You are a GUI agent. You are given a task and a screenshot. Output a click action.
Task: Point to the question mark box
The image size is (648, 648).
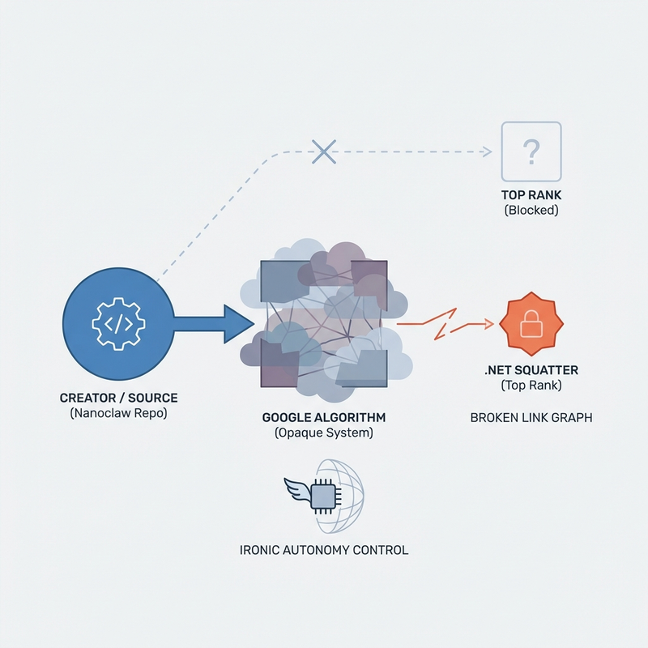click(x=531, y=151)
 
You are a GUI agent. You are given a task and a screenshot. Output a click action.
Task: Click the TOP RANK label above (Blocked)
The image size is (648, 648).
click(x=531, y=195)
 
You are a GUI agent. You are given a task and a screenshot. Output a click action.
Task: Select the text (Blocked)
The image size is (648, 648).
click(x=531, y=210)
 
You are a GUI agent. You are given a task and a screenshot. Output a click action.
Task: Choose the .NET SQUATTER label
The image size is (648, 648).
click(x=531, y=370)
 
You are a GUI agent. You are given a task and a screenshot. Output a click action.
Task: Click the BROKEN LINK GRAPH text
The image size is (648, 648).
click(x=531, y=418)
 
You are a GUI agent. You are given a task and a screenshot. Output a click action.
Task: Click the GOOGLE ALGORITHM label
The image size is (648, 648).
click(x=323, y=418)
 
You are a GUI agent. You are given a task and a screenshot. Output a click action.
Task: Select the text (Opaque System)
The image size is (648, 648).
click(x=323, y=433)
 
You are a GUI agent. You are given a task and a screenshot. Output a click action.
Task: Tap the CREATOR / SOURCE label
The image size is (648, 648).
click(x=118, y=399)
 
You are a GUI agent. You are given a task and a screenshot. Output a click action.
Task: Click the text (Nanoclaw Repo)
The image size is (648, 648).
click(x=118, y=413)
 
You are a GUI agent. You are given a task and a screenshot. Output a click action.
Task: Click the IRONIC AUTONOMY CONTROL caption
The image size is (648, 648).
click(x=324, y=550)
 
